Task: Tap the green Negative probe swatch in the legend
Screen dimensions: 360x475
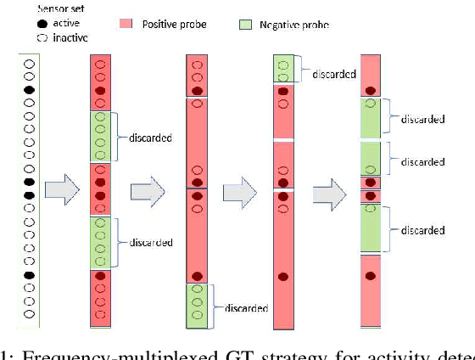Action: click(x=247, y=24)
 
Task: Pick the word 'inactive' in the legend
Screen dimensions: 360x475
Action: click(x=53, y=37)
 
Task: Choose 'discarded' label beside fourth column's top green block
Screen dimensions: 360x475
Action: click(x=332, y=74)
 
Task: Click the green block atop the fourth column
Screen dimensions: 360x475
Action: click(x=283, y=69)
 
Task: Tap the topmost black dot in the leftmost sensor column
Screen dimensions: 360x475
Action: click(x=28, y=90)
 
